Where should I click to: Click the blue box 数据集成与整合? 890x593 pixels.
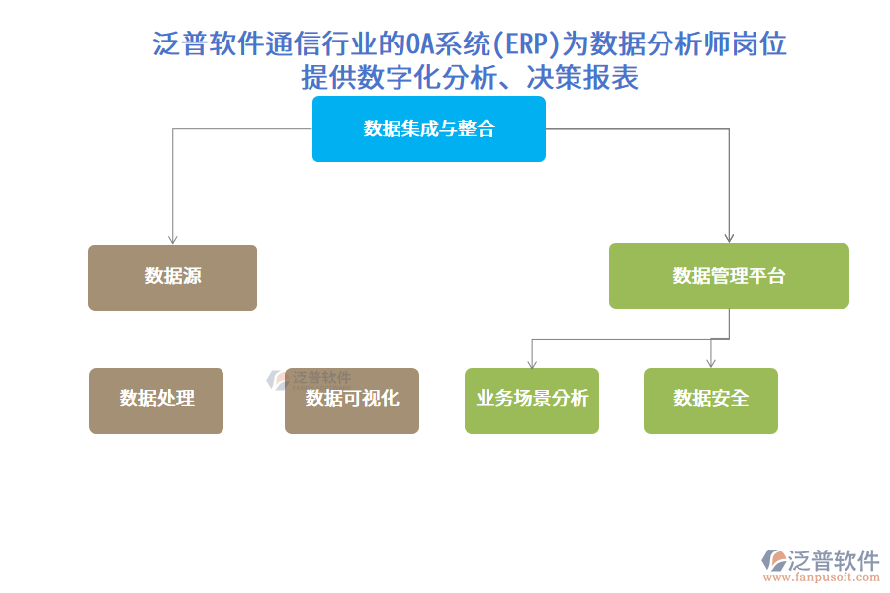click(428, 128)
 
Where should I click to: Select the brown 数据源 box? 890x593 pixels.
click(172, 278)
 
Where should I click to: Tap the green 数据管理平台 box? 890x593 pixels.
click(729, 276)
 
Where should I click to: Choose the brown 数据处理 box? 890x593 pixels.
click(156, 400)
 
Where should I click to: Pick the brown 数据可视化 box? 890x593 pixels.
click(351, 400)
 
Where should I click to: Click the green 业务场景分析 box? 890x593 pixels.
click(531, 400)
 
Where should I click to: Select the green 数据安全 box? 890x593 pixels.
click(710, 400)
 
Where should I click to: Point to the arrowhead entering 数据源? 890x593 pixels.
click(173, 239)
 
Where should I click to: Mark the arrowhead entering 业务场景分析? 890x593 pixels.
click(532, 363)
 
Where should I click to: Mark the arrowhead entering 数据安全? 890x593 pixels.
click(710, 363)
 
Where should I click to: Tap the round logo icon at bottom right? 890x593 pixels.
click(773, 561)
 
